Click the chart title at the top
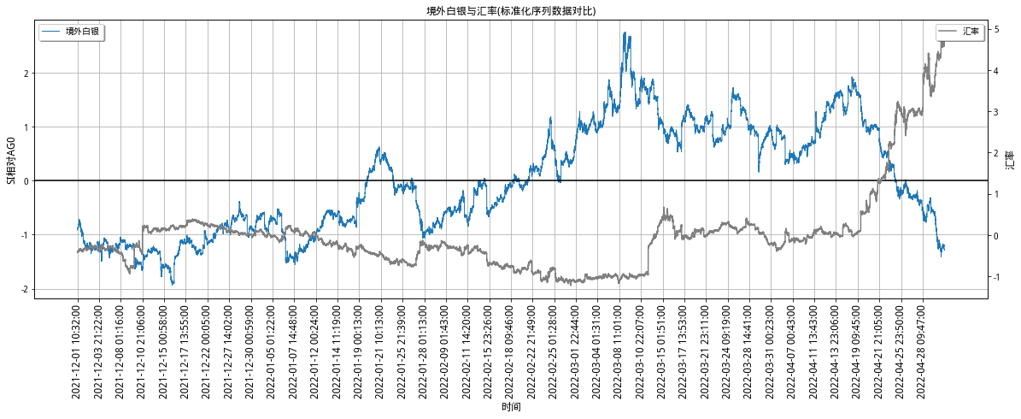click(510, 11)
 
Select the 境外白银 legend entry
click(82, 31)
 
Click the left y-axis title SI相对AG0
click(11, 159)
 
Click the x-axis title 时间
click(511, 408)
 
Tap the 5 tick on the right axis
click(997, 30)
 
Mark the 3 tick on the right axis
click(997, 112)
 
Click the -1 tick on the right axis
click(999, 277)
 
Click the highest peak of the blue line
click(626, 32)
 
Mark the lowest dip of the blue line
click(173, 284)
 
